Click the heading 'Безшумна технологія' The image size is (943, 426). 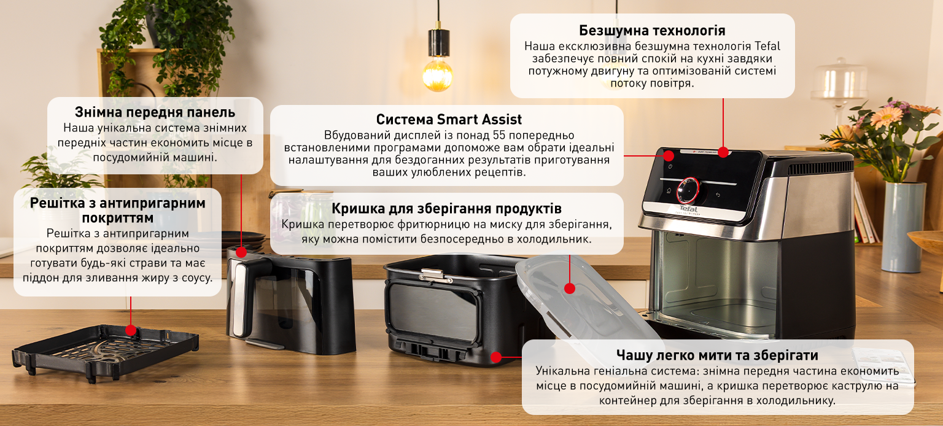pos(652,31)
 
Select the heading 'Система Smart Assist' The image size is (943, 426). pos(449,119)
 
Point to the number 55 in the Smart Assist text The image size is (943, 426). pos(500,135)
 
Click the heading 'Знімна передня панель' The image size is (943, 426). pos(155,112)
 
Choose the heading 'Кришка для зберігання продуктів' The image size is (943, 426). pos(446,208)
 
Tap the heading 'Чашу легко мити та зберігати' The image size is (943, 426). pos(717,355)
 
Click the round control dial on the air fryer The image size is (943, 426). pos(688,190)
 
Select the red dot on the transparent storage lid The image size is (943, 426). pos(569,288)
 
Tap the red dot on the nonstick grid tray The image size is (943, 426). pos(131,330)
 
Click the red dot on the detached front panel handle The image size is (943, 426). pos(241,252)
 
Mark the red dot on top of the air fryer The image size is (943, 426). pos(723,152)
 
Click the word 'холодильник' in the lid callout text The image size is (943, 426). pos(556,239)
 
